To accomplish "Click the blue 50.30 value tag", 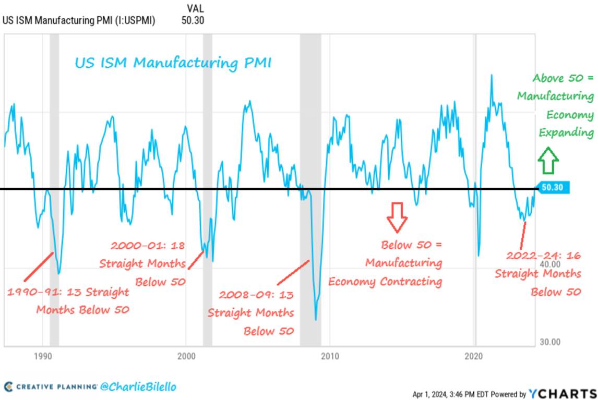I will (552, 188).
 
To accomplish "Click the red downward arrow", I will (397, 217).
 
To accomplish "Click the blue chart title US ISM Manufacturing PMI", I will (173, 63).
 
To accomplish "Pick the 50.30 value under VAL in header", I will (193, 20).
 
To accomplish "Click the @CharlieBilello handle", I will (138, 386).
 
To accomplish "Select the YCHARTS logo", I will (562, 393).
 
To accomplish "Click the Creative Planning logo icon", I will (8, 386).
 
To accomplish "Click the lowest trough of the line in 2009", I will (316, 319).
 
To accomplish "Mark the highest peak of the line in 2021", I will (491, 75).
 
